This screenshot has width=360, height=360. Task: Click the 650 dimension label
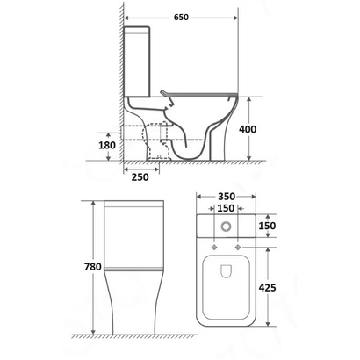point(181,18)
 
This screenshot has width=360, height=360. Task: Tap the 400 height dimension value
point(248,129)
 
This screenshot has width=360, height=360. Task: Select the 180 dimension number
point(107,145)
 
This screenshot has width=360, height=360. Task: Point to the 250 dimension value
point(140,177)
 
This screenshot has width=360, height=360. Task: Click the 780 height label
point(93,267)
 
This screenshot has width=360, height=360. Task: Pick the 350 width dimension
point(227,197)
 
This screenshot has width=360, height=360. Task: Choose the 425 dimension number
point(267,288)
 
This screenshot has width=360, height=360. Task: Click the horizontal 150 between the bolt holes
point(226,208)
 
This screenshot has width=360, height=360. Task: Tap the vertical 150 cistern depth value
point(267,226)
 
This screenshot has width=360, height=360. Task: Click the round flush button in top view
point(226,227)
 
